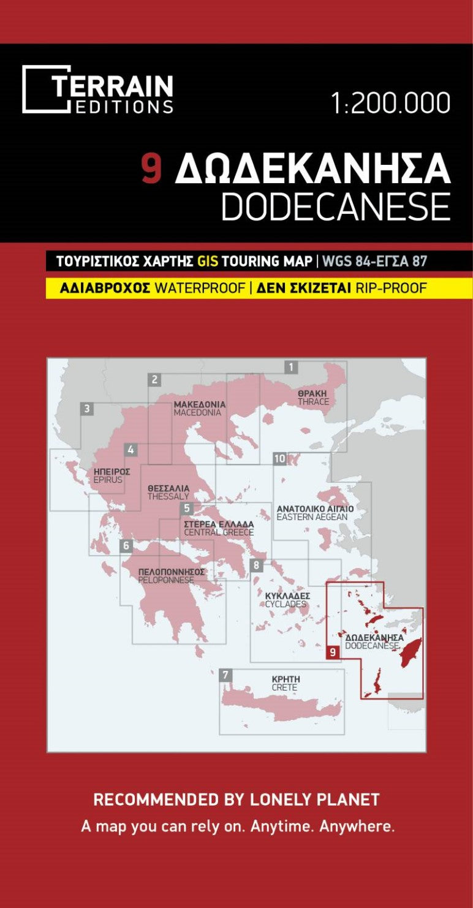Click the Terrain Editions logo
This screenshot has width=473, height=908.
98,89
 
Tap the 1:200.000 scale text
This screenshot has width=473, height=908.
390,103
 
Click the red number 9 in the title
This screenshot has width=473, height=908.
151,168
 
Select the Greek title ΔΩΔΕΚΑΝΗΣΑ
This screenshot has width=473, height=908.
312,168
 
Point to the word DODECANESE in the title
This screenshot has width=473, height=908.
335,207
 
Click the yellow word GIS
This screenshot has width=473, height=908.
205,262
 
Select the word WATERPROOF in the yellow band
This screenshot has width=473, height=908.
199,288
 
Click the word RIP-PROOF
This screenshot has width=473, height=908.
391,288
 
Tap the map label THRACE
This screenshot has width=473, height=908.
313,402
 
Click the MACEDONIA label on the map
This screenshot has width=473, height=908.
197,413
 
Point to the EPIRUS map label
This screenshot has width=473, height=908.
108,480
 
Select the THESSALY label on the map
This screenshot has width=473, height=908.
168,496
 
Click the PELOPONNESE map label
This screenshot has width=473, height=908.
166,580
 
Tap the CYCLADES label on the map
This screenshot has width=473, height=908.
285,604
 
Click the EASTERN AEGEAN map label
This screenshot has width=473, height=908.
312,517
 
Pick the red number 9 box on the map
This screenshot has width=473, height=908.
333,652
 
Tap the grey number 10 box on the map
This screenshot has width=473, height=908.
280,458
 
